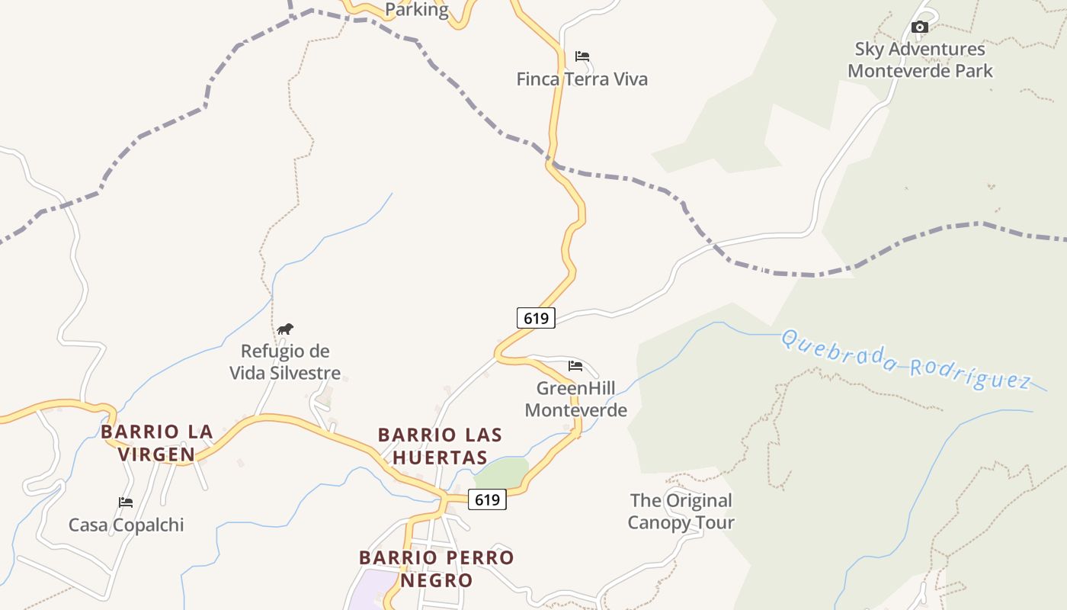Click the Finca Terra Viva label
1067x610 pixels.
582,79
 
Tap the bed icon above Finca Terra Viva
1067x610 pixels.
582,56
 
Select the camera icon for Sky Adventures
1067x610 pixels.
920,27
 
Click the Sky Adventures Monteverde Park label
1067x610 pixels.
920,60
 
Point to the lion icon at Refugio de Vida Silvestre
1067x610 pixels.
285,329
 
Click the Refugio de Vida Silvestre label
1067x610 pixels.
285,362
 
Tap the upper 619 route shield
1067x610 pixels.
536,318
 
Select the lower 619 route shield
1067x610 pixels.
487,499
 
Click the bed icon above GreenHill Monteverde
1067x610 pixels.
575,366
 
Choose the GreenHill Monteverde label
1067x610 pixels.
575,399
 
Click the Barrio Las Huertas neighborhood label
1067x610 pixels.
440,446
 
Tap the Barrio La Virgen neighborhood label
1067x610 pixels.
156,443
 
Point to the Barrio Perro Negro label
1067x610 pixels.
436,569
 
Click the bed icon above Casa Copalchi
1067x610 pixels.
126,502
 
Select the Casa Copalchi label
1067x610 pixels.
126,525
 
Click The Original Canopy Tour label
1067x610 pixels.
681,512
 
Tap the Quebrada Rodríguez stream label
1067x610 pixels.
905,360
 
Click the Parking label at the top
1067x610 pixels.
416,10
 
